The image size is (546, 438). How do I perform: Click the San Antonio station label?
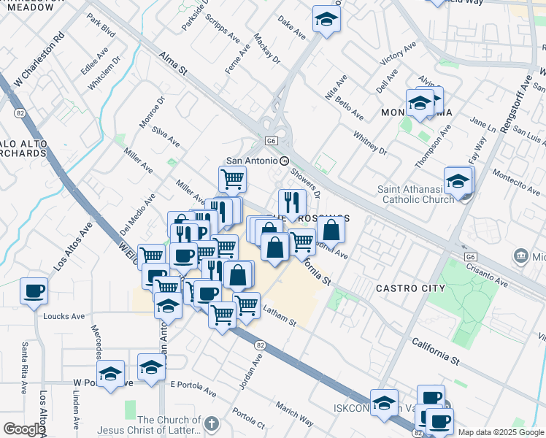[252, 161]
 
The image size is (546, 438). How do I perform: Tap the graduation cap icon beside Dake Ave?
[326, 20]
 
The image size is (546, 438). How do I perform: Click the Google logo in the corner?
[23, 429]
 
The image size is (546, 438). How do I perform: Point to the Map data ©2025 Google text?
[501, 432]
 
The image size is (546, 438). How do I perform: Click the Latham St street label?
[280, 317]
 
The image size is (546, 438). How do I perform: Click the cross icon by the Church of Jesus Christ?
[211, 423]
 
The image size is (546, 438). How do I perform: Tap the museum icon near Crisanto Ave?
[521, 255]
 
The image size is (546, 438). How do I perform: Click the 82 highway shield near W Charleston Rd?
[18, 112]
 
